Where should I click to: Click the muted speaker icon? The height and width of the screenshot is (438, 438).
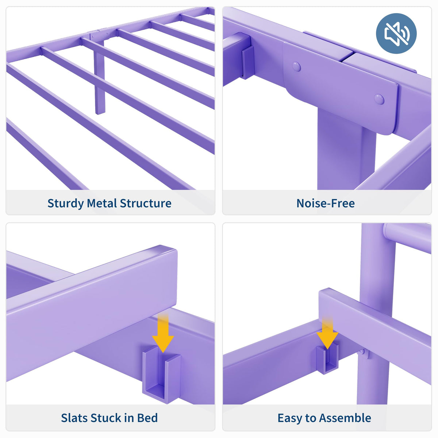pyautogui.click(x=396, y=34)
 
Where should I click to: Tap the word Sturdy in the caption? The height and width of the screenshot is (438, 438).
pyautogui.click(x=66, y=204)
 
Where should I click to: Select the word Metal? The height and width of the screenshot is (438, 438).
pyautogui.click(x=102, y=203)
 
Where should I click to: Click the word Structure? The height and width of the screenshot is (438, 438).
pyautogui.click(x=146, y=203)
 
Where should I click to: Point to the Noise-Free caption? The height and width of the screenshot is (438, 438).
pyautogui.click(x=326, y=203)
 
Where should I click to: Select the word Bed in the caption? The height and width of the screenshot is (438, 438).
pyautogui.click(x=147, y=418)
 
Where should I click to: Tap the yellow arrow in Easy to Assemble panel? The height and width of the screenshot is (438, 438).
pyautogui.click(x=327, y=332)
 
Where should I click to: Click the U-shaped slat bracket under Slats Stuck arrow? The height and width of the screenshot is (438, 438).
pyautogui.click(x=162, y=379)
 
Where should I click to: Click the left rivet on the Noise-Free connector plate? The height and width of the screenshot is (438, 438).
pyautogui.click(x=296, y=66)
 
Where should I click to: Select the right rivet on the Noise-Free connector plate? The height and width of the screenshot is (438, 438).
pyautogui.click(x=379, y=99)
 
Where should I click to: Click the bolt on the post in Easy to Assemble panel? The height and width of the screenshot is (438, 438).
pyautogui.click(x=362, y=352)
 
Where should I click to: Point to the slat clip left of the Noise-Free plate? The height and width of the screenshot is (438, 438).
pyautogui.click(x=247, y=62)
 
